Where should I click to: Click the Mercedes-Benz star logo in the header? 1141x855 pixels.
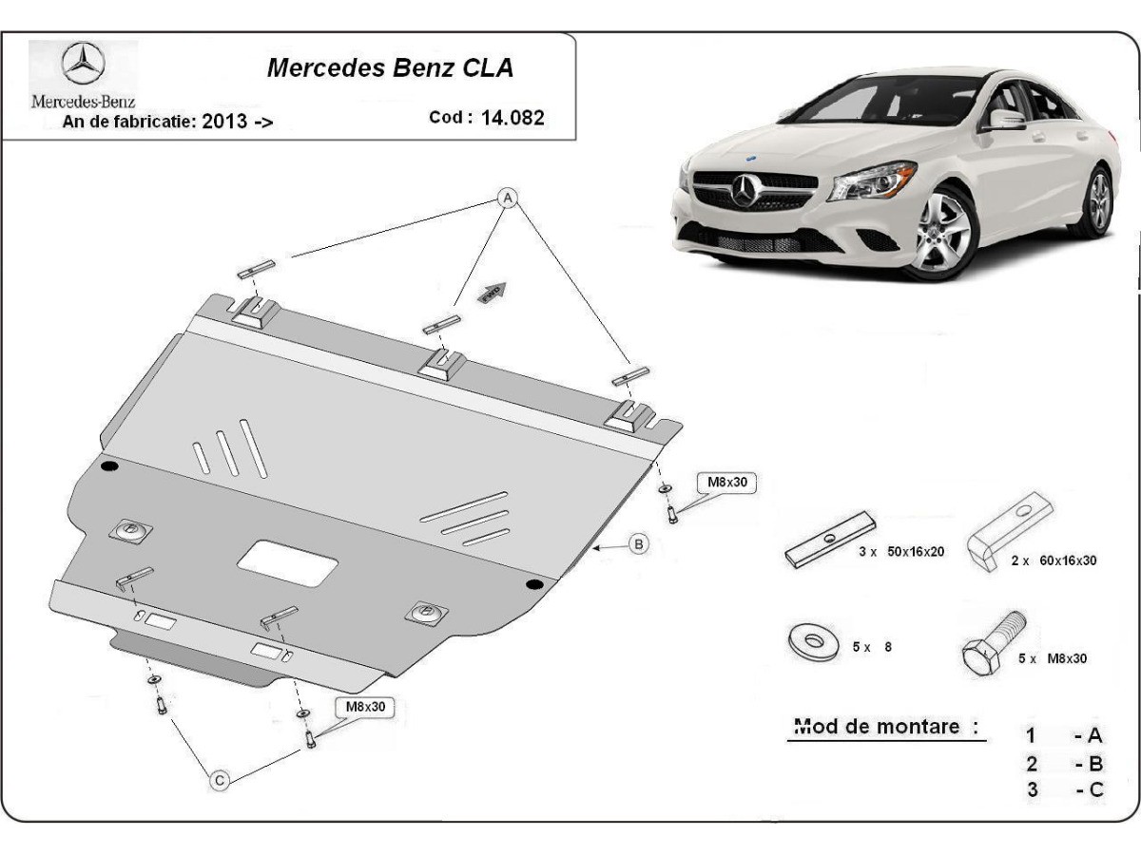pos(83,66)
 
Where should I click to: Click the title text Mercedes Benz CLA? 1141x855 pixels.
pos(390,68)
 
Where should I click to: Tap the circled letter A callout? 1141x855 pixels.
pos(509,198)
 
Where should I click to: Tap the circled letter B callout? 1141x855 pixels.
pos(639,544)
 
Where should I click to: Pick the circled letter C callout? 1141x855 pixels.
pos(220,780)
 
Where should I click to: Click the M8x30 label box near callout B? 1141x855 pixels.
pos(727,483)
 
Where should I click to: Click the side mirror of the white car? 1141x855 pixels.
pos(1005,119)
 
